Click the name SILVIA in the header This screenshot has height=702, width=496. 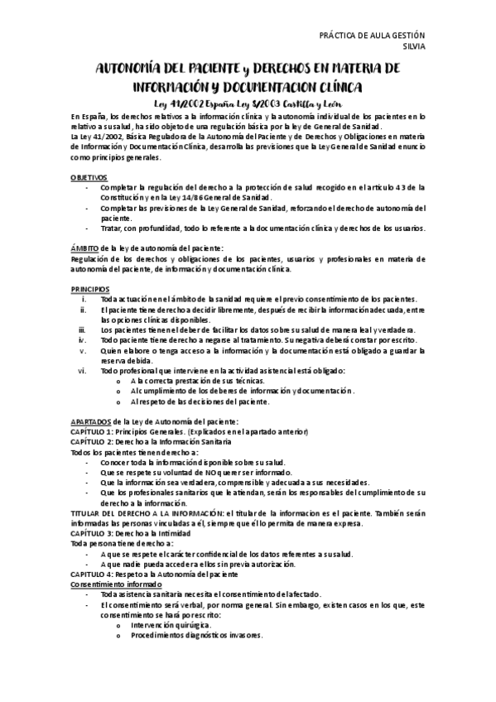[x=412, y=47]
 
